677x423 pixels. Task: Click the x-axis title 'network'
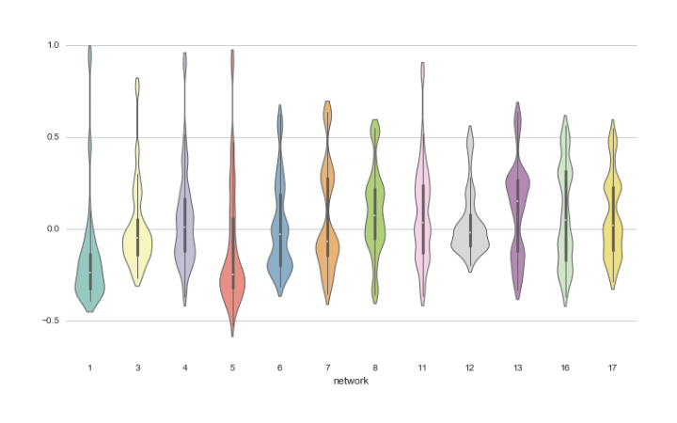(350, 382)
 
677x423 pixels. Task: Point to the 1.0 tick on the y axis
(53, 45)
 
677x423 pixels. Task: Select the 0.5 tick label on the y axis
(53, 137)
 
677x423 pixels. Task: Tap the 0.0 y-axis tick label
(53, 229)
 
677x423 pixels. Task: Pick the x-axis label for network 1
(90, 368)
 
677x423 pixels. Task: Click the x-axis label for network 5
(232, 368)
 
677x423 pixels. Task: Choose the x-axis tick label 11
(422, 368)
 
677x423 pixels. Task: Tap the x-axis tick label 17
(612, 368)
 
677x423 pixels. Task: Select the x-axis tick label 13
(517, 368)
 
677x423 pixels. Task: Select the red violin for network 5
(232, 273)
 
